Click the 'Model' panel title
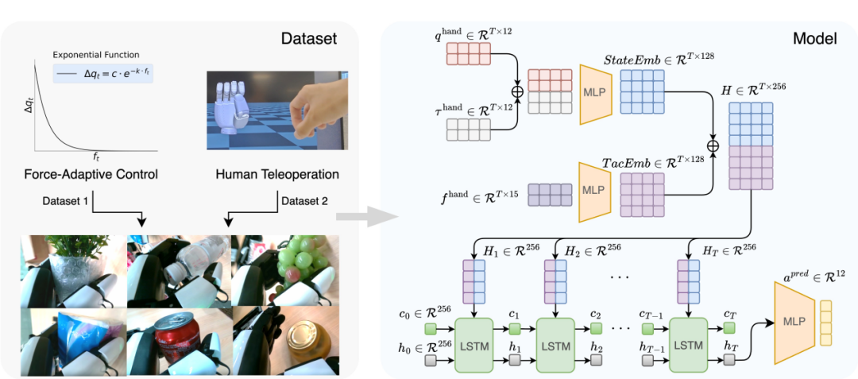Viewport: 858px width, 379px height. [815, 38]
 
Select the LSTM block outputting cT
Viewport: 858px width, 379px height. [689, 346]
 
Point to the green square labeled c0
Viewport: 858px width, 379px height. [431, 329]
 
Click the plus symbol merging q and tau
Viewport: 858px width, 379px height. [518, 91]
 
